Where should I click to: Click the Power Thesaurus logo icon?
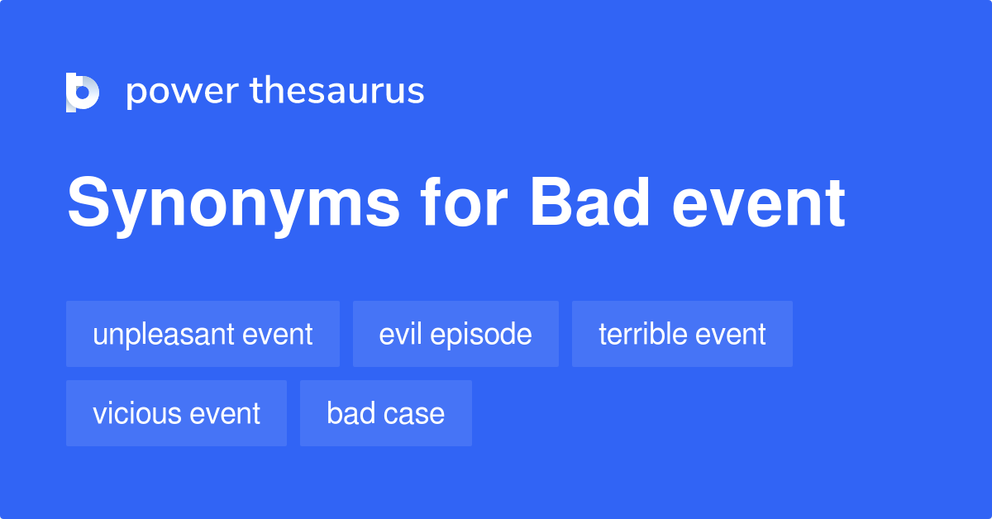[x=83, y=92]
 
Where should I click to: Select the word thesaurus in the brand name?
[x=337, y=91]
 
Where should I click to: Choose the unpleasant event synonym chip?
[x=203, y=334]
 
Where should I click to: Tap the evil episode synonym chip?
[x=455, y=334]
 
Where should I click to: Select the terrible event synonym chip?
[x=682, y=334]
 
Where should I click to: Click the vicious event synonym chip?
[x=176, y=413]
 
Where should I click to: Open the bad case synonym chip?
[x=385, y=413]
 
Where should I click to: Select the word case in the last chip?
[x=417, y=414]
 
